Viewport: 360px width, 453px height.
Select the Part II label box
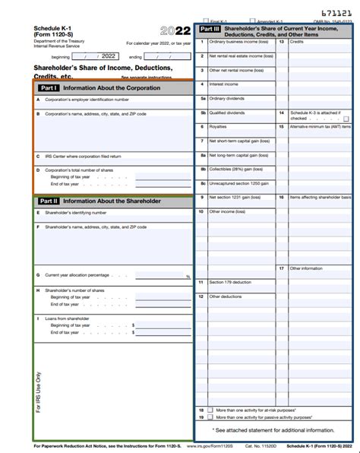point(49,201)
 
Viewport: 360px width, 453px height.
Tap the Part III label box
point(210,29)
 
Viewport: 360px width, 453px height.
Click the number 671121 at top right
point(336,13)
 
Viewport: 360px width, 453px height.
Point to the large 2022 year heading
point(175,32)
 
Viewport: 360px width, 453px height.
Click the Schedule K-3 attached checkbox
point(346,119)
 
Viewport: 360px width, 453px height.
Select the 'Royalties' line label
point(218,126)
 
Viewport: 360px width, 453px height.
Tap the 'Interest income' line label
point(224,84)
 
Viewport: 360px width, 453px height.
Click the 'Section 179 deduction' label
point(230,282)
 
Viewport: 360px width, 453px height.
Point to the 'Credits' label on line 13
point(297,42)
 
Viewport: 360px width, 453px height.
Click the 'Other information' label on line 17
point(306,268)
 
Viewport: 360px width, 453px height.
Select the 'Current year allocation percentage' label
point(77,275)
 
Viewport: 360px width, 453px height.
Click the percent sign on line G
point(188,277)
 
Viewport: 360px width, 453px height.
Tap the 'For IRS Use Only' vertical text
point(39,392)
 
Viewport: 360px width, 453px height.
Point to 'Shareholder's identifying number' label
point(75,213)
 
